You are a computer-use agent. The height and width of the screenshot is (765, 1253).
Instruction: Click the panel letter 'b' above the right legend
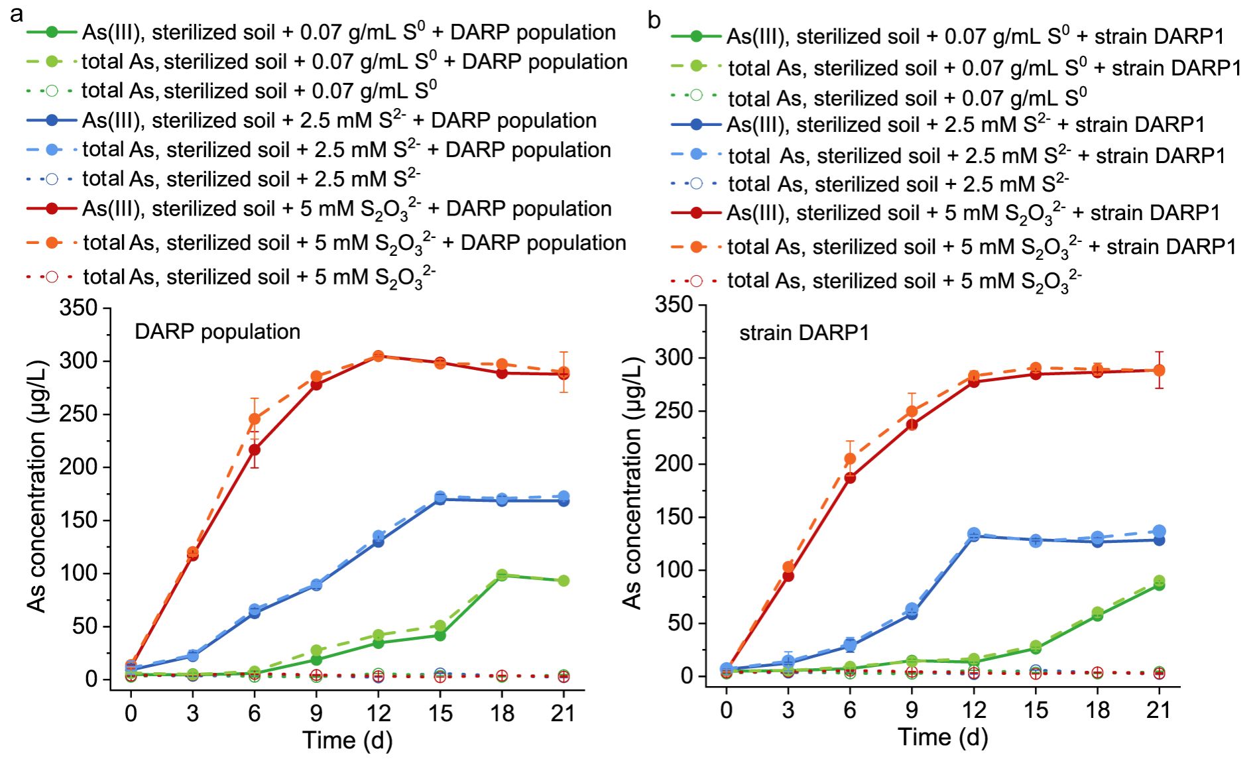click(654, 21)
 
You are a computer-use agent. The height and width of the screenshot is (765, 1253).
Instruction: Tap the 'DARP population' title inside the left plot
click(217, 331)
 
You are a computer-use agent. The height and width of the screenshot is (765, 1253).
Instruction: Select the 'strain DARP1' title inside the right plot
click(804, 332)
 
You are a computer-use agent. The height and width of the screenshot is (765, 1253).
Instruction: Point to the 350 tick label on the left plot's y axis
click(78, 308)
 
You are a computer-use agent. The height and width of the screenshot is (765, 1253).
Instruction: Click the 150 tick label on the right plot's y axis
click(674, 517)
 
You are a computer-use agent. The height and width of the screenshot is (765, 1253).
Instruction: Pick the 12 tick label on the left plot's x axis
click(378, 713)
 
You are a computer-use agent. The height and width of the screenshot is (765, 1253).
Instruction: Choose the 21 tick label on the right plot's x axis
click(1158, 710)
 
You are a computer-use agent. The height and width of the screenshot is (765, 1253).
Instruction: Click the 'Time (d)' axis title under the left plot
click(347, 740)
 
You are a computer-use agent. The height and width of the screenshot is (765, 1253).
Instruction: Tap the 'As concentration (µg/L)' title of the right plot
click(632, 483)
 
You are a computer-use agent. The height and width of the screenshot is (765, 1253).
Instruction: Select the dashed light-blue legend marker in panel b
click(696, 154)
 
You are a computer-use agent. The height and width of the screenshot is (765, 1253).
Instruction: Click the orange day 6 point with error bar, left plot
click(255, 419)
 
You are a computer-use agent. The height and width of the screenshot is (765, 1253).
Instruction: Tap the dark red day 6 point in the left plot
click(255, 449)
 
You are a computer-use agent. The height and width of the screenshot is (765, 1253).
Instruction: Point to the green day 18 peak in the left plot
click(502, 575)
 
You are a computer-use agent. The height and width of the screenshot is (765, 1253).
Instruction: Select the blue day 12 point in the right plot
click(974, 534)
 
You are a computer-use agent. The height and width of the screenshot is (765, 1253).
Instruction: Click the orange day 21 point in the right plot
click(1159, 370)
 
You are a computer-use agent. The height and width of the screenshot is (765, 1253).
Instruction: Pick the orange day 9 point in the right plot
click(912, 412)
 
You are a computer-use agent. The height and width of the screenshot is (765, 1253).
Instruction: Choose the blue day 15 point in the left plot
click(440, 498)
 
